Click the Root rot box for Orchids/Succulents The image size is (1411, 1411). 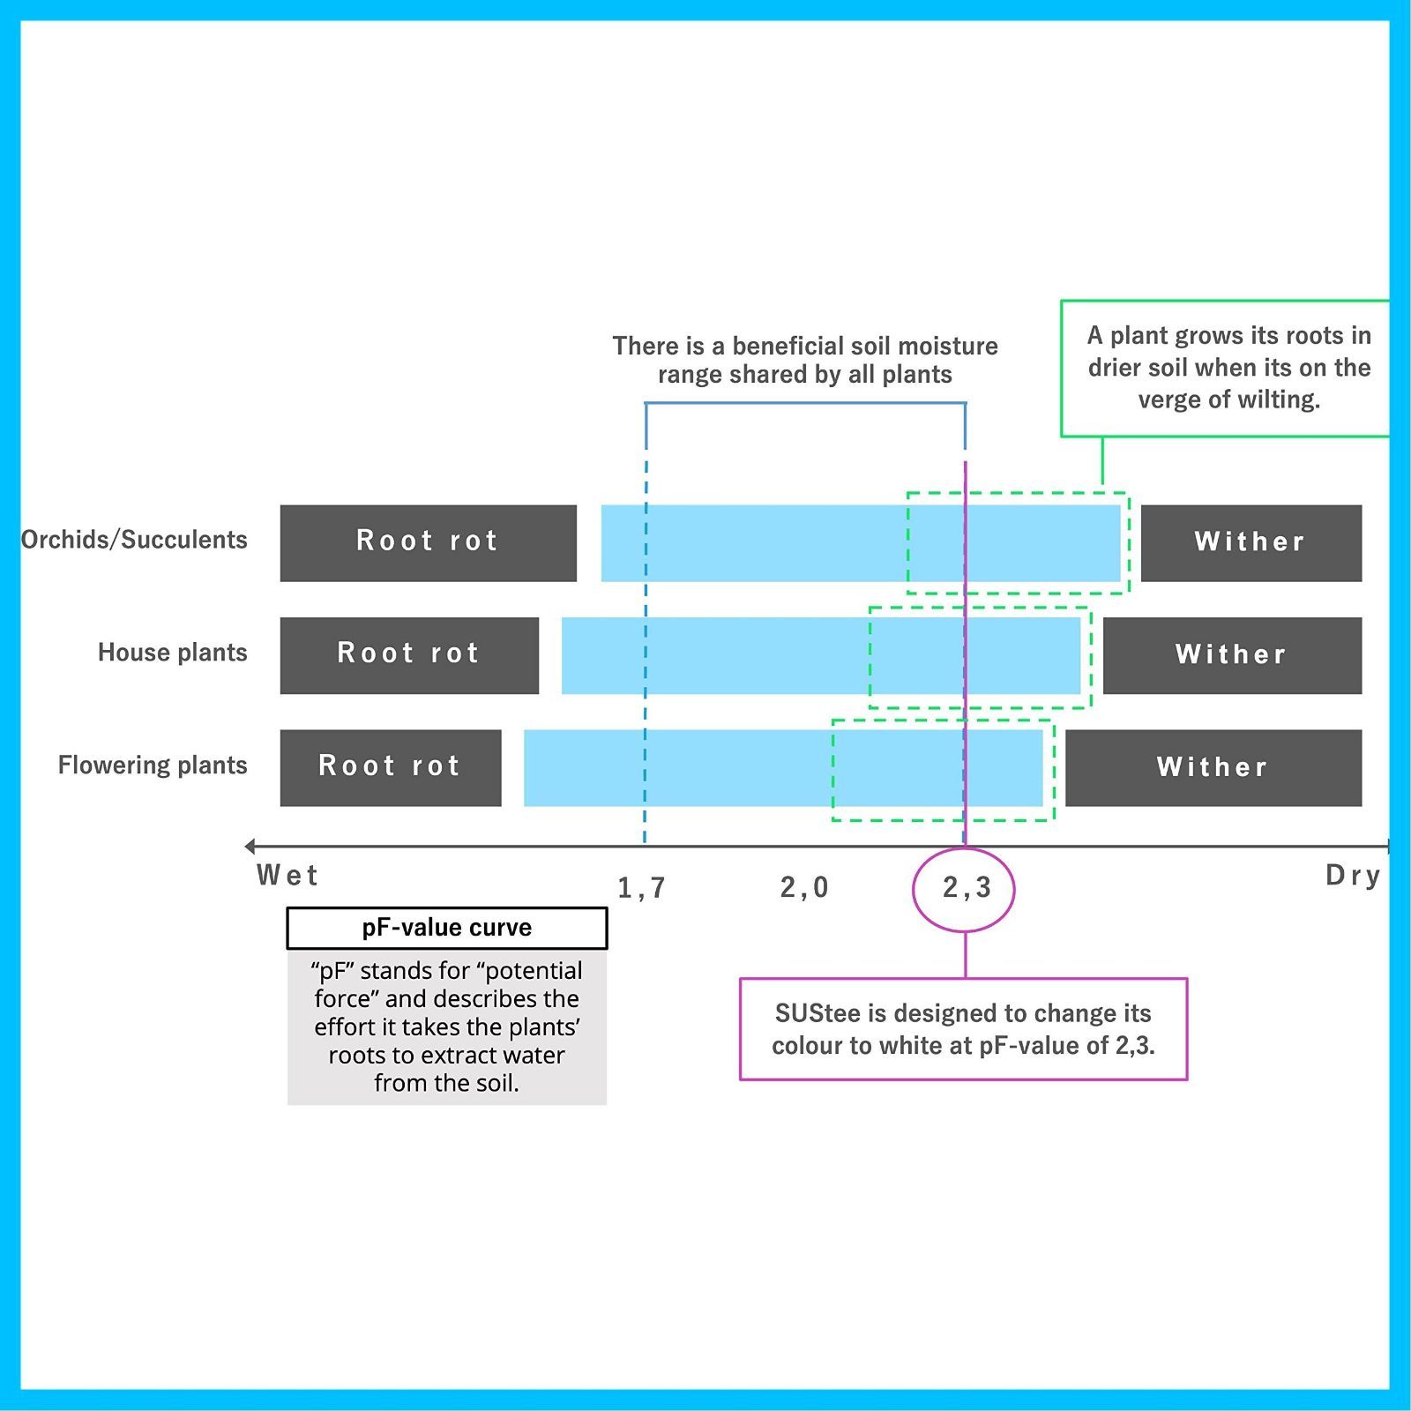[x=428, y=542]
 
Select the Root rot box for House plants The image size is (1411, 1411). [x=409, y=655]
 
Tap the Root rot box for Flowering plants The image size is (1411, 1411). [x=391, y=767]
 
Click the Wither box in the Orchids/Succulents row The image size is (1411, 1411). [x=1250, y=542]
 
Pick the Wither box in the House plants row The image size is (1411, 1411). [x=1232, y=655]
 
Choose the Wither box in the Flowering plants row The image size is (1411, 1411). [x=1213, y=767]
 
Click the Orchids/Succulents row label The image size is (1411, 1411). [x=134, y=540]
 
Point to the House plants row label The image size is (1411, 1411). [x=172, y=653]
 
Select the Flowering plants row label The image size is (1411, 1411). [x=153, y=765]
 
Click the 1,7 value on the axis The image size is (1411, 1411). [x=641, y=888]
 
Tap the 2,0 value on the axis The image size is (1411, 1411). [x=804, y=887]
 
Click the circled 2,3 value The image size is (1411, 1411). [x=967, y=888]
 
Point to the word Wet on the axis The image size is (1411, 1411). [x=287, y=876]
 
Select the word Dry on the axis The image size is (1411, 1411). [x=1353, y=876]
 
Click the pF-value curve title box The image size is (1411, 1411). [x=447, y=928]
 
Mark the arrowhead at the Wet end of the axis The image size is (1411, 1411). [x=250, y=847]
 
